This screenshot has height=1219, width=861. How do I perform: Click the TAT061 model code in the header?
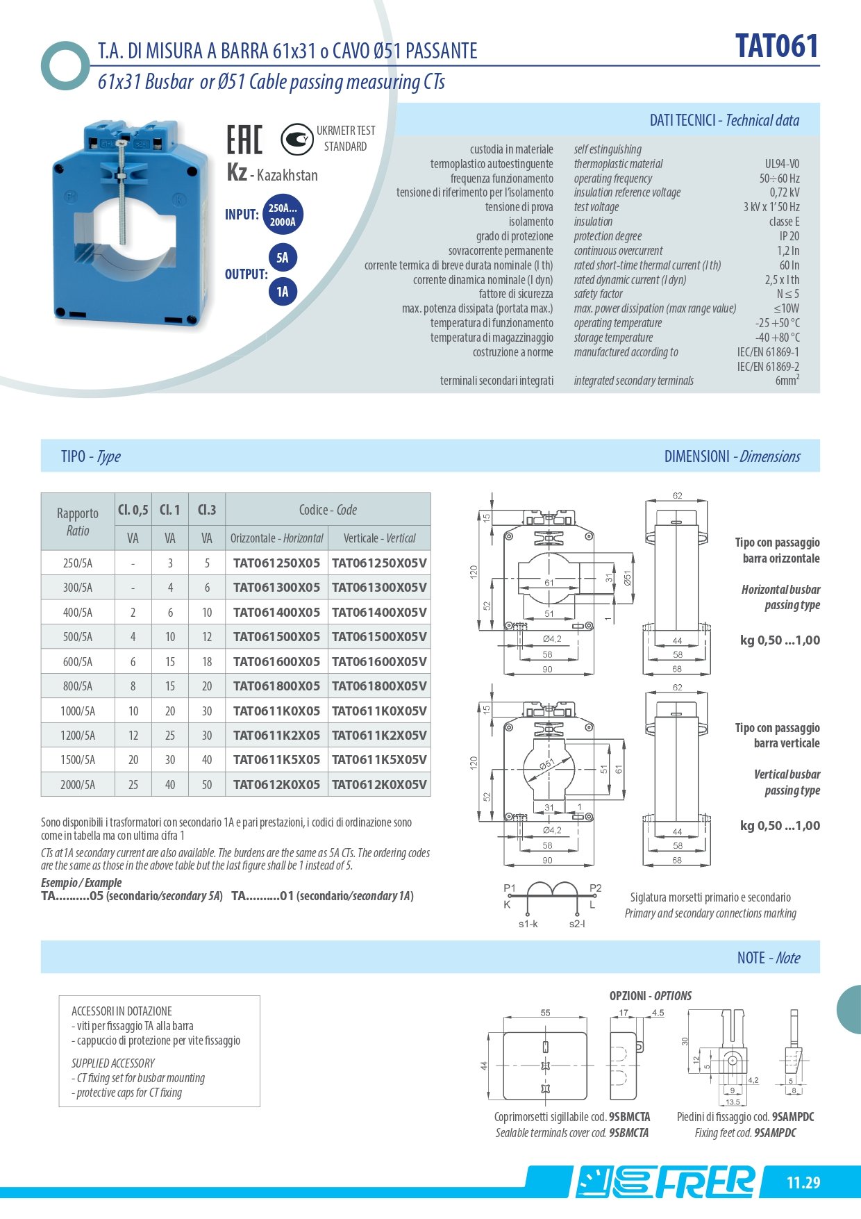pos(777,47)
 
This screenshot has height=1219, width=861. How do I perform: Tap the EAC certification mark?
pos(244,140)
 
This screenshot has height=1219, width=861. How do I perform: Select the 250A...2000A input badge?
pos(283,215)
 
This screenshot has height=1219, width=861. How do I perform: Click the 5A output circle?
pos(283,258)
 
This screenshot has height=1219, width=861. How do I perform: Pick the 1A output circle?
pos(283,291)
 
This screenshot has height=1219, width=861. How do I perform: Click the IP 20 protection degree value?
pos(789,236)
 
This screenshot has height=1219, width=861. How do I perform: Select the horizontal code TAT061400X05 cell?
pos(276,612)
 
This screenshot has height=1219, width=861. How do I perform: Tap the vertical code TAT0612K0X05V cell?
pos(379,784)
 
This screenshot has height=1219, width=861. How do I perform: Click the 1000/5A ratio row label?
pos(78,711)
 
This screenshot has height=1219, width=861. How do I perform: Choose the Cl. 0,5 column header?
pos(133,510)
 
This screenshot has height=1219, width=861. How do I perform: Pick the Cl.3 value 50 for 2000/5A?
pos(207,784)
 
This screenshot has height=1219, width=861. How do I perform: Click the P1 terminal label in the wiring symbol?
pos(510,888)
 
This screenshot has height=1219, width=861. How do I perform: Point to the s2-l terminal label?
pos(577,924)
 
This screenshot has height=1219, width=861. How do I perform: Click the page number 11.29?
pos(803,1182)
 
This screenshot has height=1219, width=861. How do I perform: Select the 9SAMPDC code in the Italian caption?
pos(793,1117)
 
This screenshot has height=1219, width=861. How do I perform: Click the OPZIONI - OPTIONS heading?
pos(650,995)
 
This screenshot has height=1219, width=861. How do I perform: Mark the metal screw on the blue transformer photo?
pos(122,191)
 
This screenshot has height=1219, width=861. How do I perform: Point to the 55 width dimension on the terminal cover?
pos(545,1013)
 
